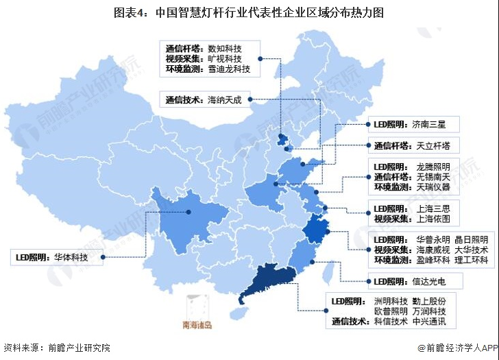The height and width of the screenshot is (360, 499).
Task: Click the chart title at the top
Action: click(x=249, y=12)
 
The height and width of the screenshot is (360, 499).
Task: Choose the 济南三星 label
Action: click(x=428, y=125)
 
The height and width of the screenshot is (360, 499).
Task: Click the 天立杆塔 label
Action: click(x=429, y=146)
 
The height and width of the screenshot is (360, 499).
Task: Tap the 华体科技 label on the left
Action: click(x=71, y=258)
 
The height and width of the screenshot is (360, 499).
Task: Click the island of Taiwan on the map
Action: click(x=327, y=274)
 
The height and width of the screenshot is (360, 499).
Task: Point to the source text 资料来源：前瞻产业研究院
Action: click(x=56, y=348)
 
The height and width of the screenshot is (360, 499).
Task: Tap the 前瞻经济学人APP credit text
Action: click(x=457, y=348)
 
